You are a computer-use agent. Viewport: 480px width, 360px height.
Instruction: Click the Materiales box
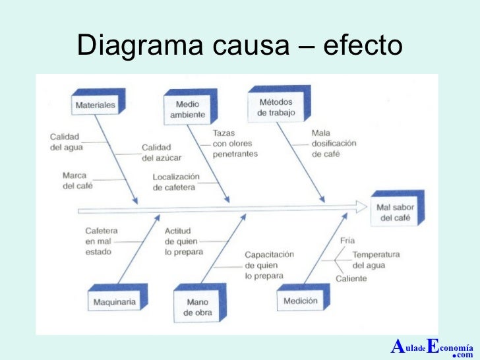[x=96, y=105]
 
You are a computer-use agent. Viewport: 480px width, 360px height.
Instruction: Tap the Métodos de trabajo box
[x=276, y=107]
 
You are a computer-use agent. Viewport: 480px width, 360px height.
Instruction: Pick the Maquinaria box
[x=114, y=302]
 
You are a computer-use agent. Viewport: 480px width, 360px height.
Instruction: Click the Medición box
[x=300, y=301]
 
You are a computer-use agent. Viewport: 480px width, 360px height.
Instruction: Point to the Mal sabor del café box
[x=395, y=212]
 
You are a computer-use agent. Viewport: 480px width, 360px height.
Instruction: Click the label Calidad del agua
[x=67, y=142]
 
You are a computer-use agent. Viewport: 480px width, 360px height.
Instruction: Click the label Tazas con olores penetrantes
[x=235, y=143]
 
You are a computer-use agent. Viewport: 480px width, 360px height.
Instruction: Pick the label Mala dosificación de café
[x=334, y=143]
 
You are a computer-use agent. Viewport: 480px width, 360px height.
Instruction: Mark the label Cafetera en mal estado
[x=102, y=241]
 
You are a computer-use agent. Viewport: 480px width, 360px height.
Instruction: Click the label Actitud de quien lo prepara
[x=184, y=241]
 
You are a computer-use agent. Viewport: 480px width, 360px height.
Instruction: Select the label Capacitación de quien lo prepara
[x=270, y=265]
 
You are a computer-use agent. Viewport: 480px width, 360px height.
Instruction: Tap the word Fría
[x=347, y=241]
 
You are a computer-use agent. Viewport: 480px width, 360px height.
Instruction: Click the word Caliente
[x=351, y=278]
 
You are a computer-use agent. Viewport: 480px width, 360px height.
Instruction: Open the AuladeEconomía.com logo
[x=432, y=347]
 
